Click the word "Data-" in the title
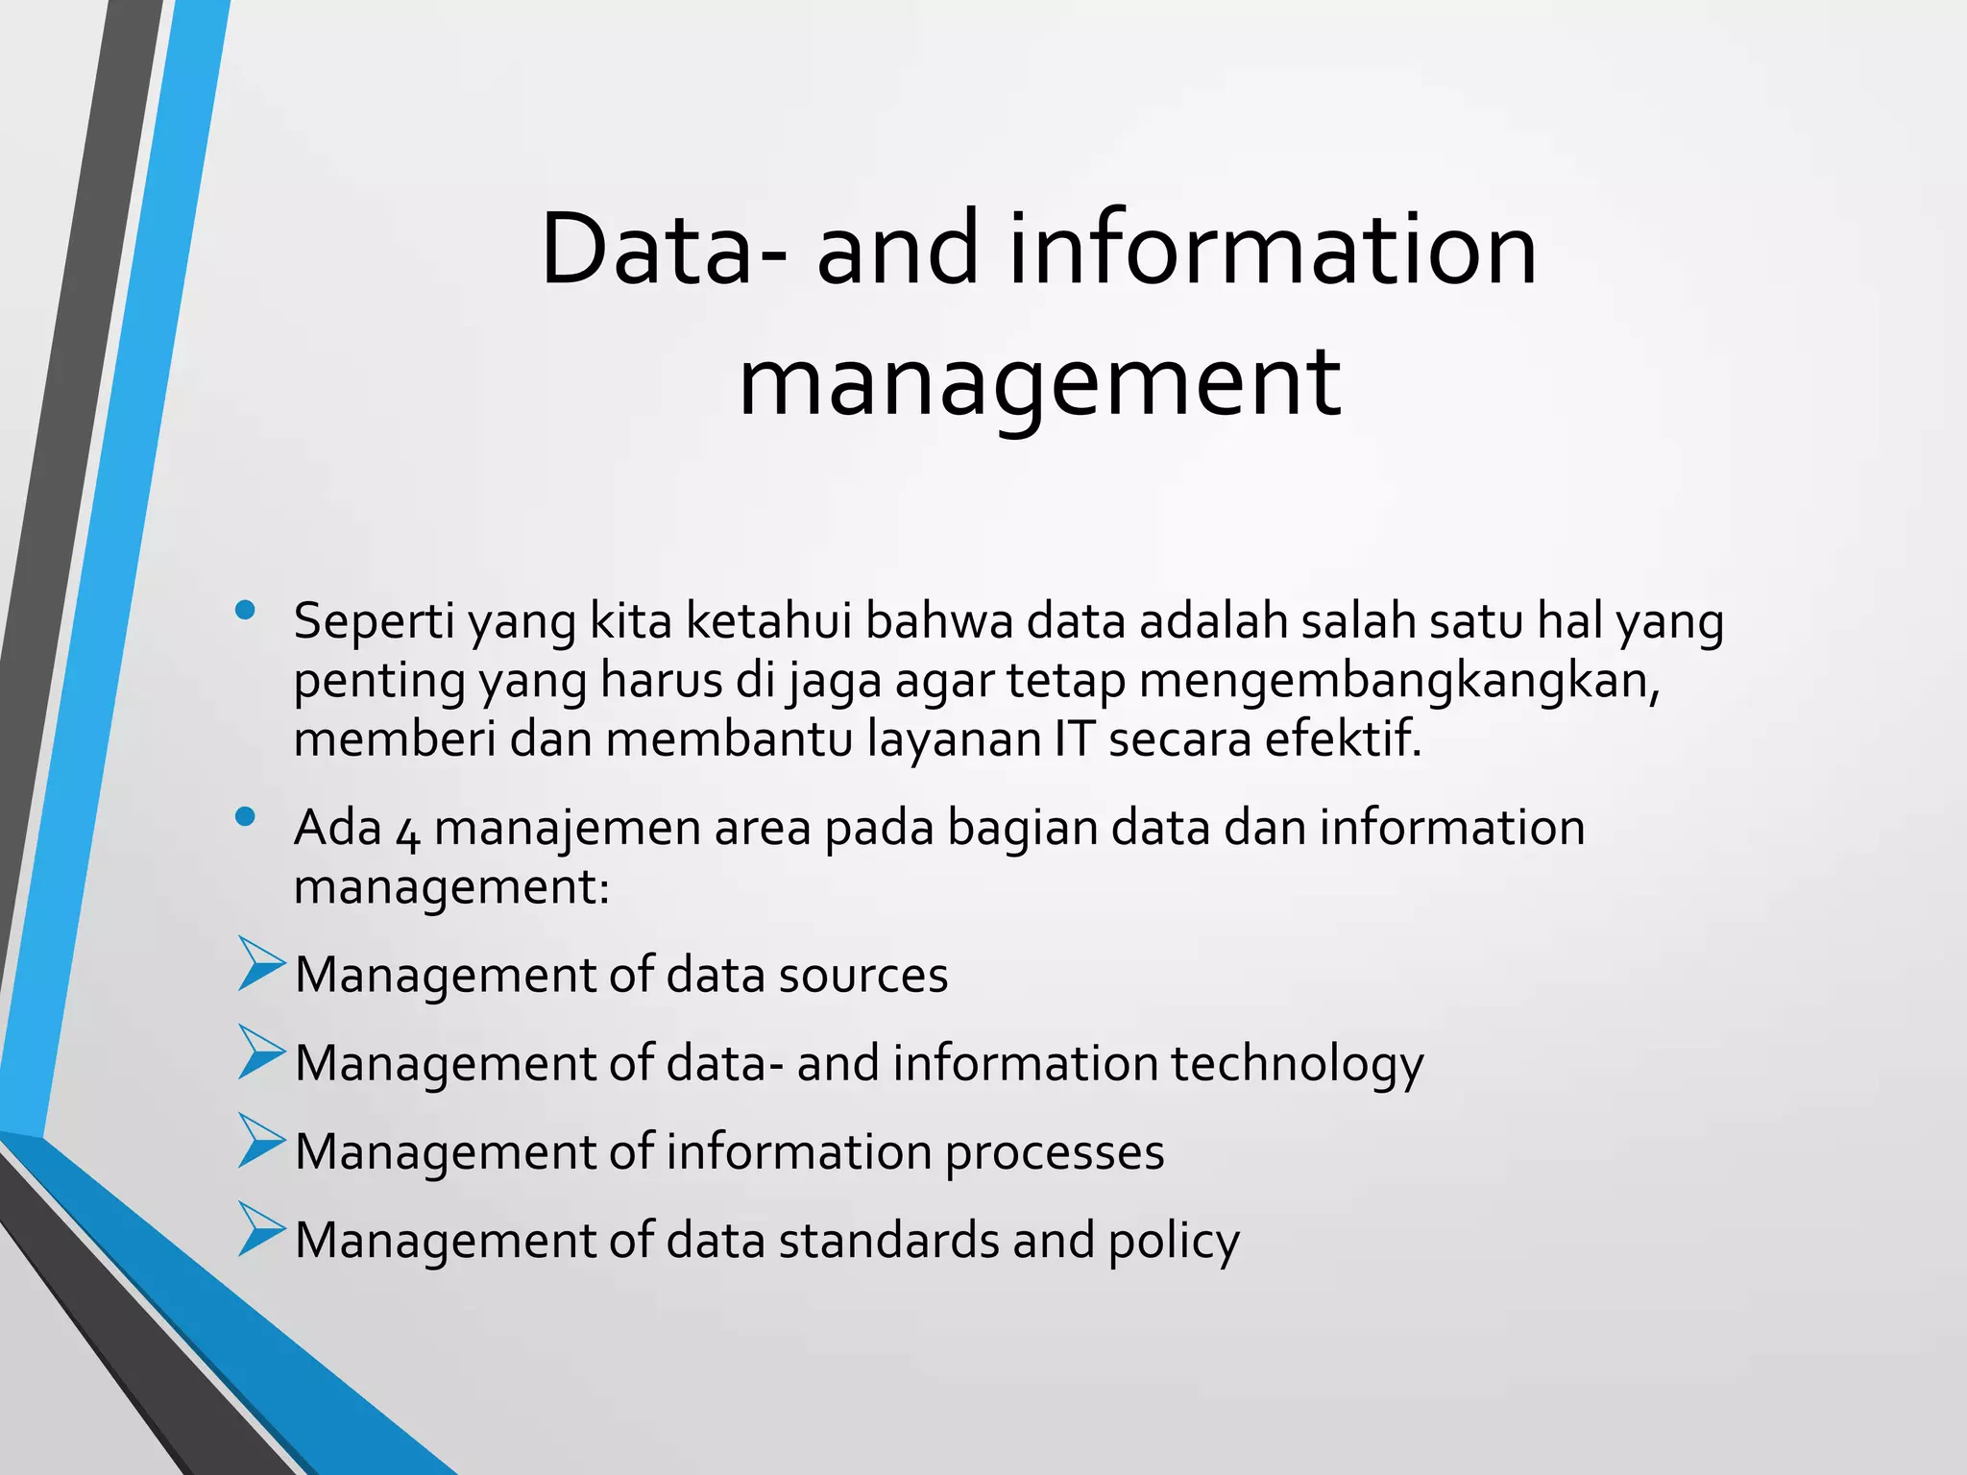664,249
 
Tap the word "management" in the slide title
1039,381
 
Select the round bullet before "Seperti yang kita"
245,610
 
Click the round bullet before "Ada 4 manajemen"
245,817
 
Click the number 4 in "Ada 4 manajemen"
407,831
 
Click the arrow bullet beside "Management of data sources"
261,963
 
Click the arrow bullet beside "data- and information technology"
261,1052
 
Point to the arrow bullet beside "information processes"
261,1140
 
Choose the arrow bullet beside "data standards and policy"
261,1228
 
